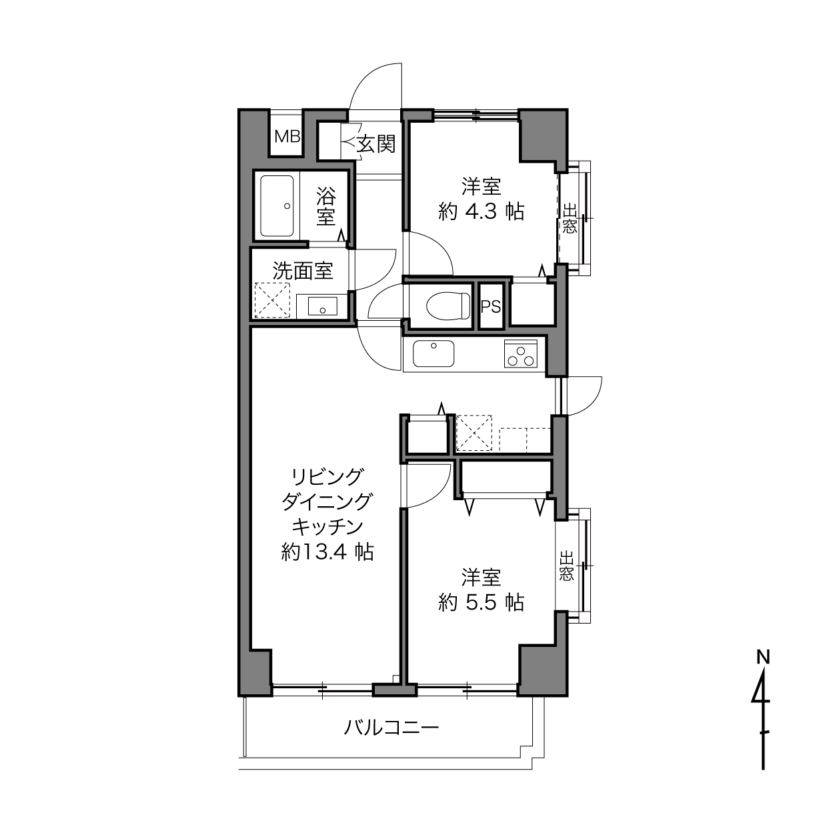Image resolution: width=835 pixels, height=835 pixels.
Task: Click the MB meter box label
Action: coord(287,137)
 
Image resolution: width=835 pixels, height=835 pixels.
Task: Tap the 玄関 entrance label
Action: coord(376,144)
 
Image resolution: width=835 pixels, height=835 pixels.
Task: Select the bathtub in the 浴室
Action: coord(277,206)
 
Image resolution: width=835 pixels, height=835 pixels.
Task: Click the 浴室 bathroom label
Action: coord(326,206)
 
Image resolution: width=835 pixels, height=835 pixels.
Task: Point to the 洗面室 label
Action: coord(303,271)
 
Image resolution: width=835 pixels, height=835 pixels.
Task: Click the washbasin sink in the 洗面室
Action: coord(322,306)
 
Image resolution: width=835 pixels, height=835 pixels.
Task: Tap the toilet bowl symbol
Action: coord(448,305)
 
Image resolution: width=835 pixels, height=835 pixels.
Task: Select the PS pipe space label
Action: coord(491,307)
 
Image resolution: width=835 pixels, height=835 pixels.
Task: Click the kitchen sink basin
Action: coord(434,353)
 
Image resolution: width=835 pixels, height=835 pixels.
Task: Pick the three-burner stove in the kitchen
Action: coord(520,353)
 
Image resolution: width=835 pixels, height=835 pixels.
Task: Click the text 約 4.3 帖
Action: coord(481,212)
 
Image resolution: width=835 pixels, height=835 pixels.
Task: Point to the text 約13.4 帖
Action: coord(327,552)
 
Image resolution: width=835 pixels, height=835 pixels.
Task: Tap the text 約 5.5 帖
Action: coord(481,602)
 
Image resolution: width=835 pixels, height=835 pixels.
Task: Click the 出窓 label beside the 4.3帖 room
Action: coord(570,219)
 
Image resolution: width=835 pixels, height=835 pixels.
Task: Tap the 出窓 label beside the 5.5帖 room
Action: coord(566,566)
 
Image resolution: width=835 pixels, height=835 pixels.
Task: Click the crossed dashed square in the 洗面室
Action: coord(272,300)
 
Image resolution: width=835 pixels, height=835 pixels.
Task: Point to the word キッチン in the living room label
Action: coord(327,527)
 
